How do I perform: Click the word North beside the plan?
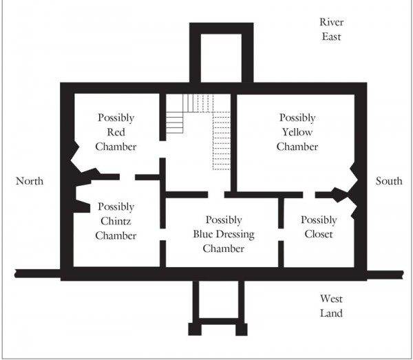pyautogui.click(x=30, y=181)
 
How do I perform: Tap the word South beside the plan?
pyautogui.click(x=389, y=181)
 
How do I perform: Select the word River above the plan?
pyautogui.click(x=331, y=22)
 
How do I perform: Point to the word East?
pyautogui.click(x=331, y=36)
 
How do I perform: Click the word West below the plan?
pyautogui.click(x=331, y=299)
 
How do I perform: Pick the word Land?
pyautogui.click(x=331, y=313)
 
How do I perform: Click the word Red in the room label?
pyautogui.click(x=116, y=132)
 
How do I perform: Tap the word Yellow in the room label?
pyautogui.click(x=297, y=132)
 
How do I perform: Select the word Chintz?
pyautogui.click(x=116, y=221)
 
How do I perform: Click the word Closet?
pyautogui.click(x=319, y=234)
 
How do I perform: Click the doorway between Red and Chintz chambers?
pyautogui.click(x=127, y=177)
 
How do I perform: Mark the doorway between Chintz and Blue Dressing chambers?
pyautogui.click(x=162, y=234)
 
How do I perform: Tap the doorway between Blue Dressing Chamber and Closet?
pyautogui.click(x=281, y=234)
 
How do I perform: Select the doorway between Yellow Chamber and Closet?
pyautogui.click(x=309, y=195)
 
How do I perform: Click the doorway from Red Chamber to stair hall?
pyautogui.click(x=162, y=149)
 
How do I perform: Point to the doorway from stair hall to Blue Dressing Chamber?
pyautogui.click(x=216, y=195)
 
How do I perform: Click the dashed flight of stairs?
pyautogui.click(x=217, y=131)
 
